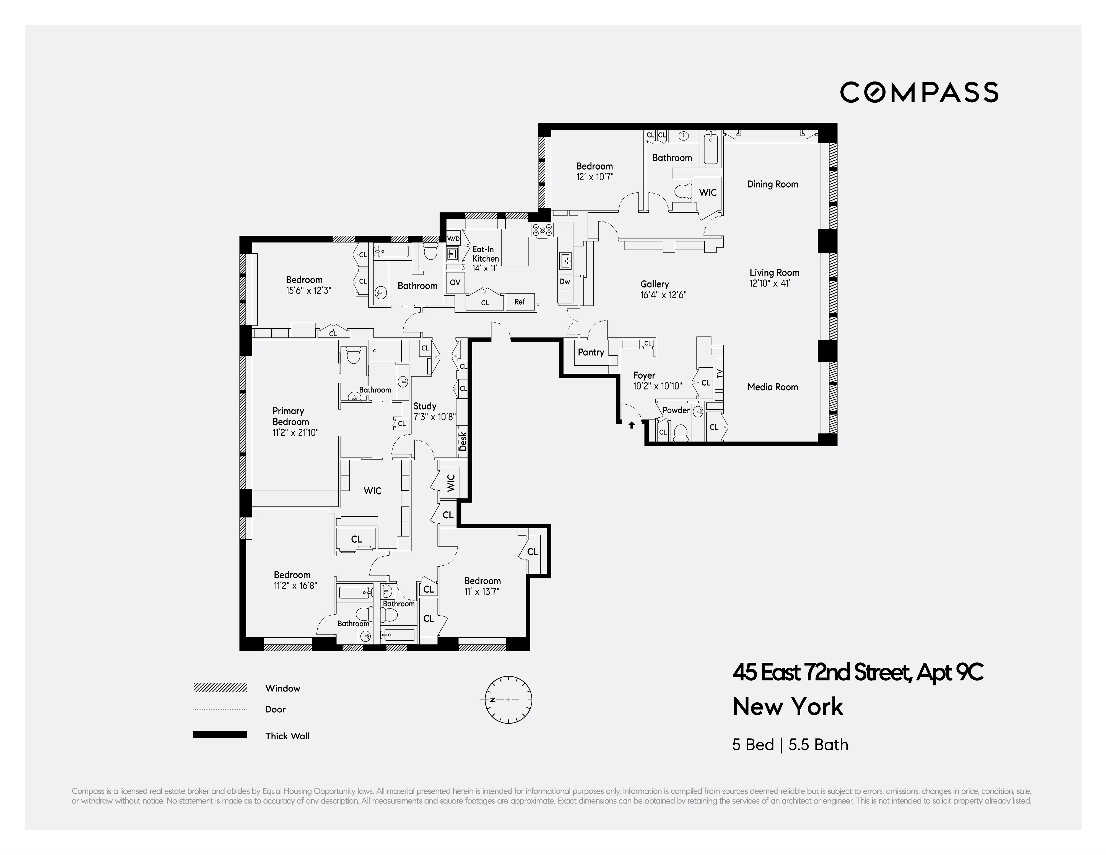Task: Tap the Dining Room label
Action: click(772, 184)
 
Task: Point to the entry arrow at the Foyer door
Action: click(632, 425)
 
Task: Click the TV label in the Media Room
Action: click(720, 374)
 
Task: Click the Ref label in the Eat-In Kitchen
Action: click(520, 302)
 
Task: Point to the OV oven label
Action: click(455, 282)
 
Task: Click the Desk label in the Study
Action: click(463, 441)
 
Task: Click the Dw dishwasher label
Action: click(565, 282)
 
